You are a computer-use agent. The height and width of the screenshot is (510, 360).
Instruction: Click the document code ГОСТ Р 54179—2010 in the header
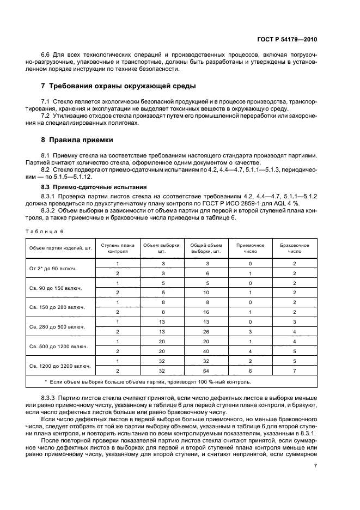pos(287,40)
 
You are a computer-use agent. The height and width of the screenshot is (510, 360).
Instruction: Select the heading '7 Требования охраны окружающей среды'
pos(118,86)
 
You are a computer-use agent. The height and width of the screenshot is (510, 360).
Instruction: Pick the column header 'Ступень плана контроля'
pos(117,249)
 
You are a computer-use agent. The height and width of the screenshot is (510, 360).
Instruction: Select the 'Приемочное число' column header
pos(250,249)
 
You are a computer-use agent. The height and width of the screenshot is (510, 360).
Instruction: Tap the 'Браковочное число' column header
pos(294,249)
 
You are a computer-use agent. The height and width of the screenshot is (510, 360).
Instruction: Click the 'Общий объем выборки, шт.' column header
pos(206,249)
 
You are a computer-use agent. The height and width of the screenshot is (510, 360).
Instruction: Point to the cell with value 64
pos(206,371)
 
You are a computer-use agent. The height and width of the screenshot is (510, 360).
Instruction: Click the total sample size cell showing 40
pos(206,351)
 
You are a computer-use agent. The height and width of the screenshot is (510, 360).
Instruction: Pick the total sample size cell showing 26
pos(206,331)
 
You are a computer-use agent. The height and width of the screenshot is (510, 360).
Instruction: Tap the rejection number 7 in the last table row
pos(294,371)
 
